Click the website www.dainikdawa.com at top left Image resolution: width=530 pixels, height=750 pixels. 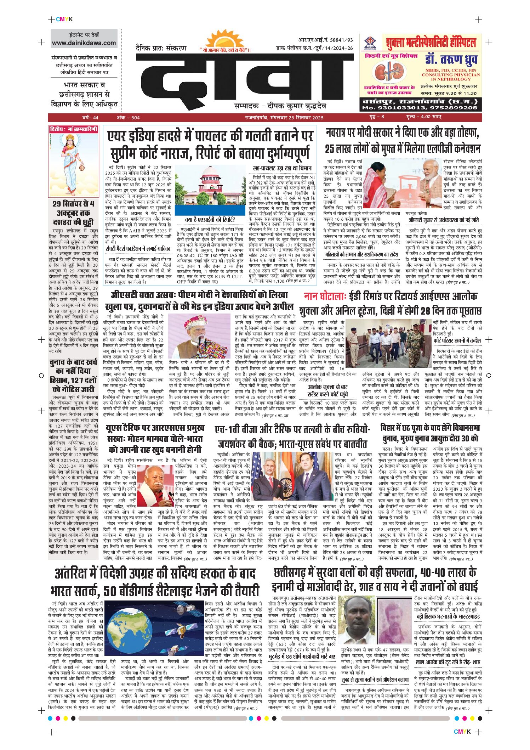tap(84, 43)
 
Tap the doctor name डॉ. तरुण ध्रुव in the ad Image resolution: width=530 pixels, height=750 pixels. tap(451, 60)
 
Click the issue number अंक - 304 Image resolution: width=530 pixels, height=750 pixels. tap(128, 118)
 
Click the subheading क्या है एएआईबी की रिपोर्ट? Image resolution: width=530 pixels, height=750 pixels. tap(210, 220)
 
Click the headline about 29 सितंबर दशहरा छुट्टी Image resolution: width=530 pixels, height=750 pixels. tap(73, 213)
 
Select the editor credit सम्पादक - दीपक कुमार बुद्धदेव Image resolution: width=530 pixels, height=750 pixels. tap(280, 106)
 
